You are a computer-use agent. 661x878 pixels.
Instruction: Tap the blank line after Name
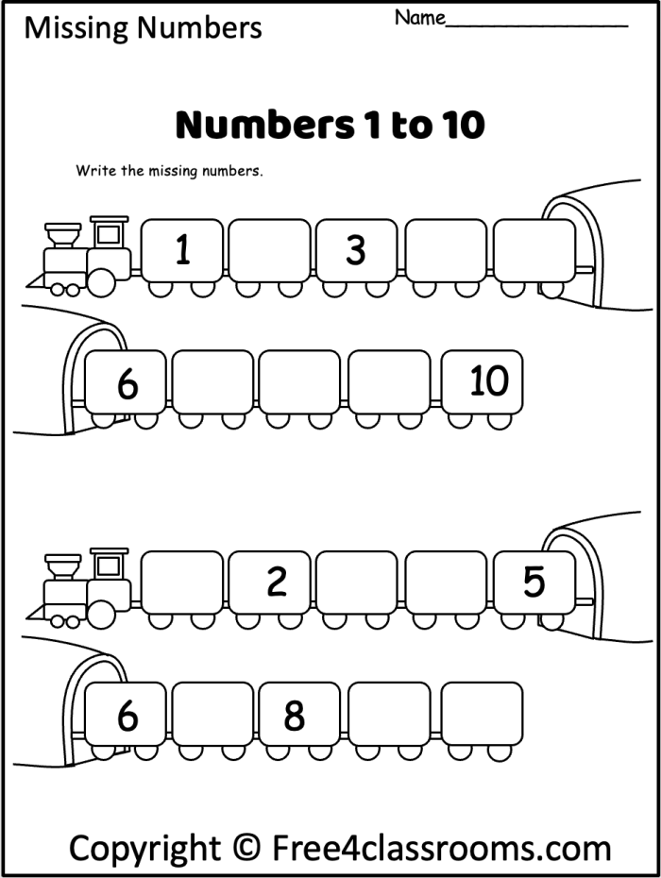point(536,23)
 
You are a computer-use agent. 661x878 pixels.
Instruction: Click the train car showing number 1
point(182,250)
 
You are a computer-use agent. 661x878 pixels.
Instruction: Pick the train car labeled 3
point(355,250)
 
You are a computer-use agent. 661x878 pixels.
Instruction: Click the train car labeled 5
point(534,582)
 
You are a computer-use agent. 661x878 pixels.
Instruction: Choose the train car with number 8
point(295,715)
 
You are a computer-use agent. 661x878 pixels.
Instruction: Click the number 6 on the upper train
point(127,383)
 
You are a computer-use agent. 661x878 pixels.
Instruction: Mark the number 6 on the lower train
point(127,717)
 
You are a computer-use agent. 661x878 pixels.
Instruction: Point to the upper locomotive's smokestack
point(62,233)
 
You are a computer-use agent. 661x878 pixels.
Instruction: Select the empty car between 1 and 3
point(269,250)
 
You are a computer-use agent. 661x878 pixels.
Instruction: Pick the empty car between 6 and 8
point(212,715)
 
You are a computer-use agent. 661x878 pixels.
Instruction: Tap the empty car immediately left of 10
point(388,381)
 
